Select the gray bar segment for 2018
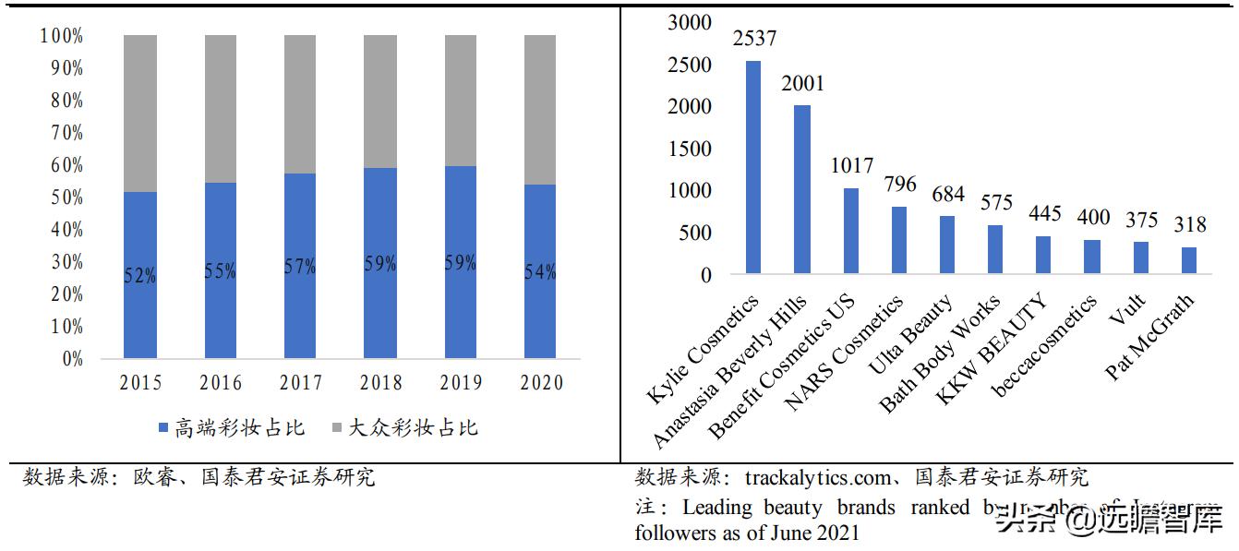[379, 102]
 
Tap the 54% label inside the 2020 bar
[540, 272]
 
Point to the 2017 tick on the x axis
[300, 383]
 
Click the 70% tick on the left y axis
[62, 133]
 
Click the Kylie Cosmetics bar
[753, 167]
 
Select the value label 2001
[802, 84]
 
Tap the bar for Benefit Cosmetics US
[851, 231]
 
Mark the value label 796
[899, 185]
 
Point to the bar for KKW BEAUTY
[1043, 255]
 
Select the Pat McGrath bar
[1189, 260]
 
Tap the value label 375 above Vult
[1140, 221]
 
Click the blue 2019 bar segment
[460, 262]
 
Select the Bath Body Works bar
[995, 249]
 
